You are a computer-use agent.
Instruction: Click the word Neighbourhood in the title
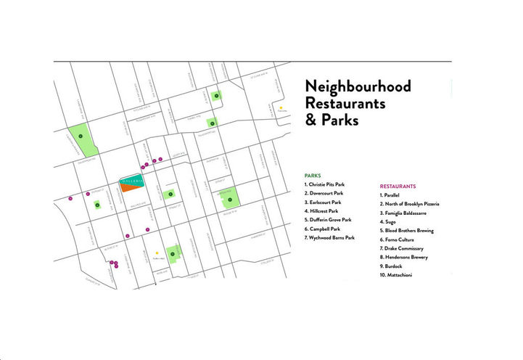click(358, 87)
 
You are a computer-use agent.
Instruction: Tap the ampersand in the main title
click(312, 120)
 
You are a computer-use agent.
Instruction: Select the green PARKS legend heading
click(313, 176)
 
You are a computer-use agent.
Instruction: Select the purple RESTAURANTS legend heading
click(402, 187)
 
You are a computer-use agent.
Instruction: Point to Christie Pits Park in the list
click(330, 185)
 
